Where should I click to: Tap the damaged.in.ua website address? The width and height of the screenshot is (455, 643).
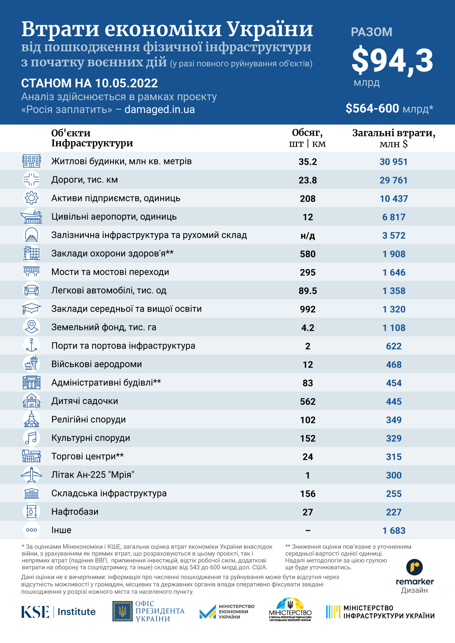(159, 110)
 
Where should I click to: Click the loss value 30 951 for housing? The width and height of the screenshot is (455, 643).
(393, 162)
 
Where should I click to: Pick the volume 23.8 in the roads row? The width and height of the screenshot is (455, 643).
(308, 180)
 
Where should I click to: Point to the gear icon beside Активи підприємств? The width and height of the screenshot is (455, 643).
(32, 198)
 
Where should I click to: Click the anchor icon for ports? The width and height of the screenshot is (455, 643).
(32, 345)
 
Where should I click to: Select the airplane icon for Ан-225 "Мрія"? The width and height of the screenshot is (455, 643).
(32, 475)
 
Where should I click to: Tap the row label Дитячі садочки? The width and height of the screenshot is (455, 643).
(85, 401)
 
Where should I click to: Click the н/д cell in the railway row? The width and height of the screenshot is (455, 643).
(308, 235)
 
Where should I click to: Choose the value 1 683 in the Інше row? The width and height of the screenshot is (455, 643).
(394, 530)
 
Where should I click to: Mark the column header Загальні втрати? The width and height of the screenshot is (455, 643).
(394, 133)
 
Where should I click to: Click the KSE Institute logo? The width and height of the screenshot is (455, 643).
(58, 611)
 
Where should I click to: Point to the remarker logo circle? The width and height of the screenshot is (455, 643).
(415, 567)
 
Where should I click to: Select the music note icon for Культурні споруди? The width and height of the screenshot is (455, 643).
(32, 438)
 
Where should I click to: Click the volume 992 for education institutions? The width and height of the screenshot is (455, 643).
(308, 309)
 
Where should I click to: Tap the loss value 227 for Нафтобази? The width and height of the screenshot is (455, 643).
(394, 512)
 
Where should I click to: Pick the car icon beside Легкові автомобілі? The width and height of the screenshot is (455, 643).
(32, 290)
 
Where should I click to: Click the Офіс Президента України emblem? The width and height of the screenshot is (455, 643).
(122, 611)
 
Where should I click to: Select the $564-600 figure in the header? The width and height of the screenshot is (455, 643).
(372, 109)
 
